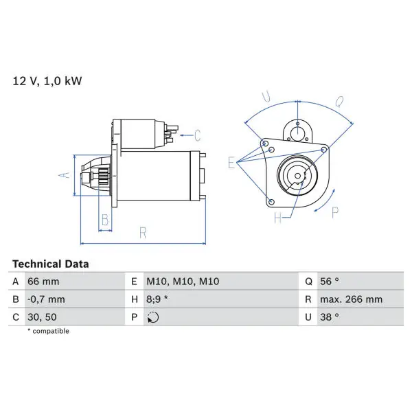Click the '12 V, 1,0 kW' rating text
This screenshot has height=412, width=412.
point(47,81)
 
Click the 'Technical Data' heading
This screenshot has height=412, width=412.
point(50,264)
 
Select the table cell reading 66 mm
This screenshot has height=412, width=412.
point(43,282)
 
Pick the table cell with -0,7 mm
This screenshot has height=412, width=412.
point(46,299)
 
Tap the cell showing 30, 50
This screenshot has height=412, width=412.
point(42,317)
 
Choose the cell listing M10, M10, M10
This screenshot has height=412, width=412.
point(183,282)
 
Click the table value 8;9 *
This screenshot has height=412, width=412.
point(157,299)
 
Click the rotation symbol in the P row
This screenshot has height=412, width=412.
point(153,317)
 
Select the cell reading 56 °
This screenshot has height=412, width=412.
point(330,282)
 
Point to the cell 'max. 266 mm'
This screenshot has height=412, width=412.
point(351,299)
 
